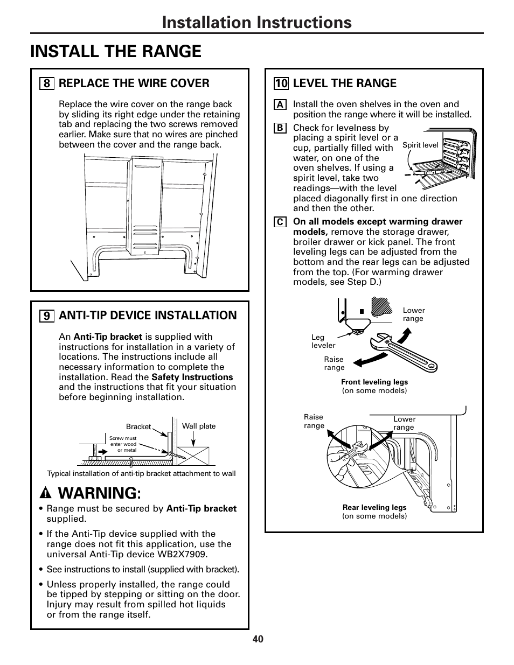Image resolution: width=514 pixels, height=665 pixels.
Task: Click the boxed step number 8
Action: tap(46, 83)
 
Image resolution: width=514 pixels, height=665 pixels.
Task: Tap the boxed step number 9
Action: tap(46, 316)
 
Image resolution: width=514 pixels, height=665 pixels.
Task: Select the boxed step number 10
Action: tap(281, 83)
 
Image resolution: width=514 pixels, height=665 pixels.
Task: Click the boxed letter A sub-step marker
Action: tap(280, 105)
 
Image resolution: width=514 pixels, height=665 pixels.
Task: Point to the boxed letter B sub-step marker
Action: tap(280, 128)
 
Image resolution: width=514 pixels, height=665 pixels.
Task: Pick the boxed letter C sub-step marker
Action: tap(280, 222)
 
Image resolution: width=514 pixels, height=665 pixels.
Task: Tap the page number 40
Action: tap(257, 639)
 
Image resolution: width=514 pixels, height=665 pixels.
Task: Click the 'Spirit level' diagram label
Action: tap(420, 145)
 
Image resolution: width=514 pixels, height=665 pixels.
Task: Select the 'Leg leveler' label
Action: tap(323, 341)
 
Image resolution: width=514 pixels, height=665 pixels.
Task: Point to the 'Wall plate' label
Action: tap(198, 426)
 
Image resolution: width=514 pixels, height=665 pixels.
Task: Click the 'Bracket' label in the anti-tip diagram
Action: tap(138, 426)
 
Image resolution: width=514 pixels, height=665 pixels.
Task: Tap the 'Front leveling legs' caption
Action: tap(374, 382)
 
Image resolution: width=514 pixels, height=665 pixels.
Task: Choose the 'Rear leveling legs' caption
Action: tap(374, 507)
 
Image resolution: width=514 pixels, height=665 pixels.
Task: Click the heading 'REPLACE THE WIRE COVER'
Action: tap(134, 83)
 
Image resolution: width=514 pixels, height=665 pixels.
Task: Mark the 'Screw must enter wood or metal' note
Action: tap(123, 444)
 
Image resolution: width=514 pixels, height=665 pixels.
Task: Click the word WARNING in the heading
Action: tap(98, 493)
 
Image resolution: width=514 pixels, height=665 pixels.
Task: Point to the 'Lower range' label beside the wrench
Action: tap(413, 314)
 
